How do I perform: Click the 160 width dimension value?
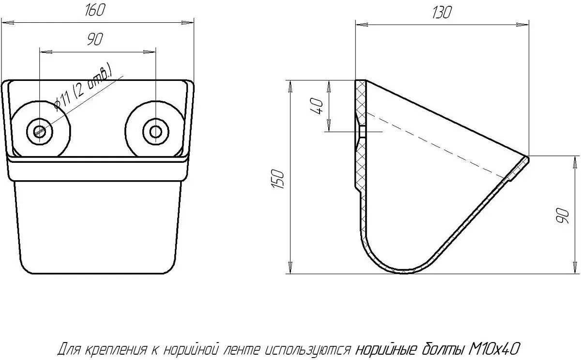95,10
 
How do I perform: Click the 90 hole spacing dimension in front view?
95,39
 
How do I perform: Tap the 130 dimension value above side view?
442,12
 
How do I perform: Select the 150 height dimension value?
278,179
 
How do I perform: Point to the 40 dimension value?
317,106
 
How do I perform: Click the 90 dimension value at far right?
562,216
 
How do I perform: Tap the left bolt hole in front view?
40,132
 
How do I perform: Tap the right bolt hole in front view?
155,132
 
